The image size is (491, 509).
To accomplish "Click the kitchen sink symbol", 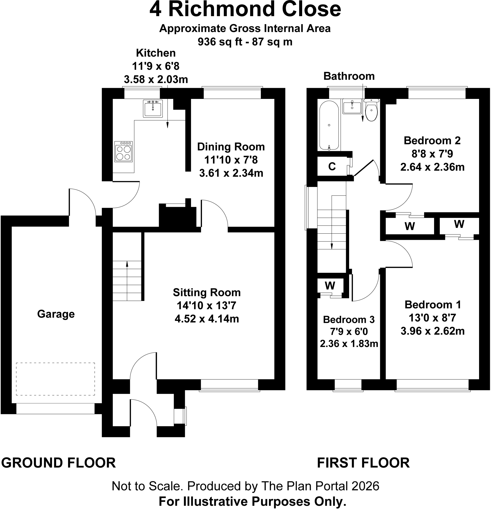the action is click(153, 108).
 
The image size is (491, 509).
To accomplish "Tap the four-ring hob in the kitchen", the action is click(123, 152).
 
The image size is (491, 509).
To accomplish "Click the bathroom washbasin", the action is click(352, 106).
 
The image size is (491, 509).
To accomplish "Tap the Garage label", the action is click(56, 314).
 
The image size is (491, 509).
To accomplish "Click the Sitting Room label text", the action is click(207, 293).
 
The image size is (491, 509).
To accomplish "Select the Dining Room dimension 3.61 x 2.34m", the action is click(231, 173).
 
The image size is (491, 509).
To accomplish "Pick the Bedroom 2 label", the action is click(432, 140).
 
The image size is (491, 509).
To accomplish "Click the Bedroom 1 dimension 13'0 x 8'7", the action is click(432, 318).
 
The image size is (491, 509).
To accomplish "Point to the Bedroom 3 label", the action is click(349, 319).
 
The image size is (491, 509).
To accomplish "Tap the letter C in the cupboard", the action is click(332, 167).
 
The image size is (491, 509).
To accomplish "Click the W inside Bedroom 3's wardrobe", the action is click(330, 286).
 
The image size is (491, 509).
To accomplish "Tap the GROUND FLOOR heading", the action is click(58, 463).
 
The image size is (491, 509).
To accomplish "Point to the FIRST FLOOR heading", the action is click(363, 463).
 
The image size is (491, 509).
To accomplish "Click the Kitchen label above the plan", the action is click(156, 53).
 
